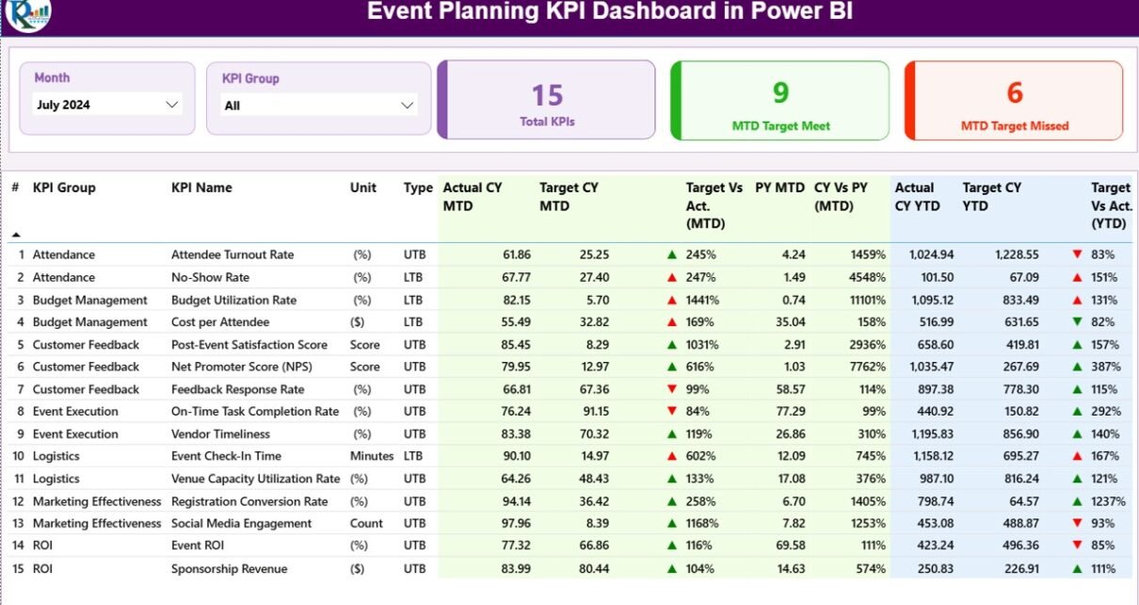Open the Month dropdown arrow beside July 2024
172,105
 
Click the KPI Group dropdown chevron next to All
407,106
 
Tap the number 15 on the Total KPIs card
547,95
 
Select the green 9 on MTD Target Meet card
780,92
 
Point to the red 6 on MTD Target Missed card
1015,92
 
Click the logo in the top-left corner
28,13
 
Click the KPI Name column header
201,188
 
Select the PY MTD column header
779,188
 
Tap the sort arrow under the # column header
16,235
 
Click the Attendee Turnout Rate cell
233,254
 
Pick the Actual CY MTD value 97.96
516,523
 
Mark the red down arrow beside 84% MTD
672,411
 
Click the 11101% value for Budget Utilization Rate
868,300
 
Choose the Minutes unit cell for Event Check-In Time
372,456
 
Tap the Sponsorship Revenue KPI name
230,568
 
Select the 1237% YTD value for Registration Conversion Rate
1108,501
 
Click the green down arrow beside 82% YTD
1077,321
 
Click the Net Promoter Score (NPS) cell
242,367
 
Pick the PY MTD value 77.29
791,411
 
